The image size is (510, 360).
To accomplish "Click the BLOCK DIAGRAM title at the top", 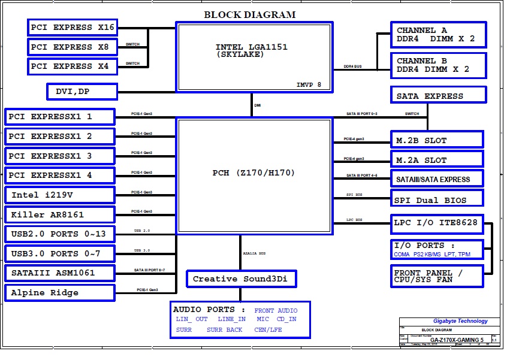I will tap(250, 15).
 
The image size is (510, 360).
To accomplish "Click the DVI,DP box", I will tap(82, 91).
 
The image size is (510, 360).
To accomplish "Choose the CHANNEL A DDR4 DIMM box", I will tap(438, 35).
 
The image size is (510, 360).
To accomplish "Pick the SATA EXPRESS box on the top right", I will tap(438, 95).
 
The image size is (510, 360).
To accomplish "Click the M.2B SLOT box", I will tap(437, 140).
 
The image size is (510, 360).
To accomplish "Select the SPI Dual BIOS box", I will tap(437, 200).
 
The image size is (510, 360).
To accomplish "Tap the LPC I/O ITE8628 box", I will tap(437, 223).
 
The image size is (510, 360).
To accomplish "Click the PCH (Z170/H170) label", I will tap(254, 173).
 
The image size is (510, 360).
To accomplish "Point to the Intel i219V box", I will tap(59, 195).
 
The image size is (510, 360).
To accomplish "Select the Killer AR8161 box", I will tap(59, 214).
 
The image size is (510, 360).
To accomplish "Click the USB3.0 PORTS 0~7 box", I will tap(59, 253).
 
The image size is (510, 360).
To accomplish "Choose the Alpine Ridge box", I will tap(59, 293).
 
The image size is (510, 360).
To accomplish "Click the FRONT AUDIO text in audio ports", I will tap(276, 310).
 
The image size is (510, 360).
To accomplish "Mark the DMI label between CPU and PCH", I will tap(258, 105).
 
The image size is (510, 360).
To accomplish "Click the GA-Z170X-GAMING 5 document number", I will tap(455, 340).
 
